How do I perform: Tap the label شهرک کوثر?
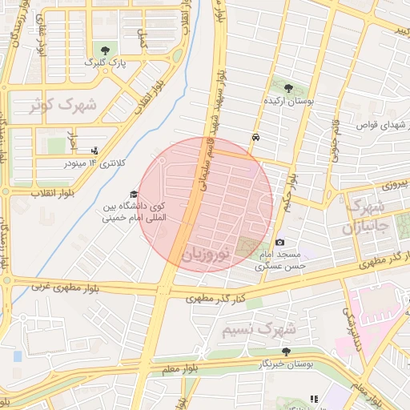[x=62, y=105]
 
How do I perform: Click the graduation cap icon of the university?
[x=133, y=195]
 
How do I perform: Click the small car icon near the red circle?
[x=255, y=137]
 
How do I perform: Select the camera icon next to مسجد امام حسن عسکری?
[x=279, y=242]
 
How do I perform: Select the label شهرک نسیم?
[x=259, y=329]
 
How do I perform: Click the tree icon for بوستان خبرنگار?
[x=287, y=351]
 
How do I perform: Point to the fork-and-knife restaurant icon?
[x=314, y=399]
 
